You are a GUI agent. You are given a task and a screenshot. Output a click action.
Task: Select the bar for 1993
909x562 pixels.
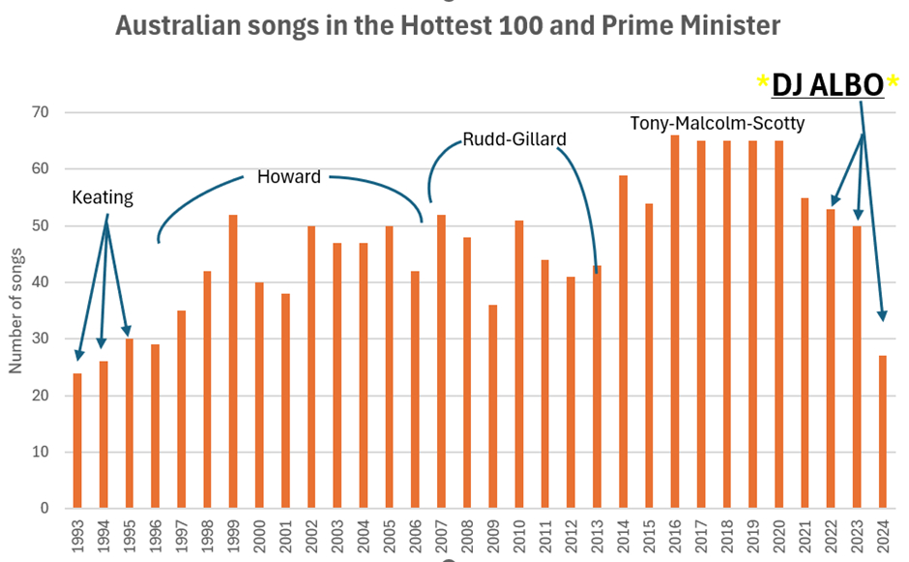(x=77, y=441)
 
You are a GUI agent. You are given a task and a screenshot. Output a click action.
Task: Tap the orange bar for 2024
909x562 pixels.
(x=883, y=432)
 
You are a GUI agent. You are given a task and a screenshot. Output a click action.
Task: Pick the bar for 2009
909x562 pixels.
(x=493, y=407)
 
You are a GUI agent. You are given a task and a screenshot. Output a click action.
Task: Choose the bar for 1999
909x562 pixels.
(x=233, y=362)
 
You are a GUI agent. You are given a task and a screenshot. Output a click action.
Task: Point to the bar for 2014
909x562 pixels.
(x=624, y=341)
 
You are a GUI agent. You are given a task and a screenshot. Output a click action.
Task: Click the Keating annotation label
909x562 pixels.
(x=103, y=197)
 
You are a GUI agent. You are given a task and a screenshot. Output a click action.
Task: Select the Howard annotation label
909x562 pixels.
(x=288, y=177)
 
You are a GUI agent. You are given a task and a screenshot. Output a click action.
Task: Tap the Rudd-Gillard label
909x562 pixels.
(x=513, y=139)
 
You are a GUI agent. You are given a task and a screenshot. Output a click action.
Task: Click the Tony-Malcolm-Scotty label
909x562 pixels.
(x=717, y=124)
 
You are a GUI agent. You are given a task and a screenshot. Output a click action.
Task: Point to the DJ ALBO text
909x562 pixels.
(x=828, y=85)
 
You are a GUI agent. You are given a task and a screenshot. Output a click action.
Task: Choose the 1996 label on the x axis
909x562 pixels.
(x=156, y=535)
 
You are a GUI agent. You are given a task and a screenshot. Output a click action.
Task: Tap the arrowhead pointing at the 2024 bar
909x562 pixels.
(x=881, y=315)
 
